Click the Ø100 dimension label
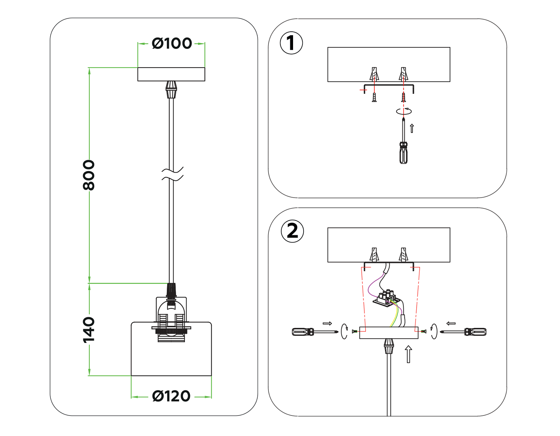pos(172,44)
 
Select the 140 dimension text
pos(89,330)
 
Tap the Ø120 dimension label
pos(171,396)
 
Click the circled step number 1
pos(291,43)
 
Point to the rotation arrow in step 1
pos(404,111)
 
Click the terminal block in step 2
pos(387,298)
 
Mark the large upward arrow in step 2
pos(408,354)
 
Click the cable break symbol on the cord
pos(172,174)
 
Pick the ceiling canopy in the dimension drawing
pos(171,74)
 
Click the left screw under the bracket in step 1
pos(374,98)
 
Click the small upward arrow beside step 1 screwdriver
pos(412,128)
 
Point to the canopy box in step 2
pos(389,333)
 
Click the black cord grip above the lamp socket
pos(171,290)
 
